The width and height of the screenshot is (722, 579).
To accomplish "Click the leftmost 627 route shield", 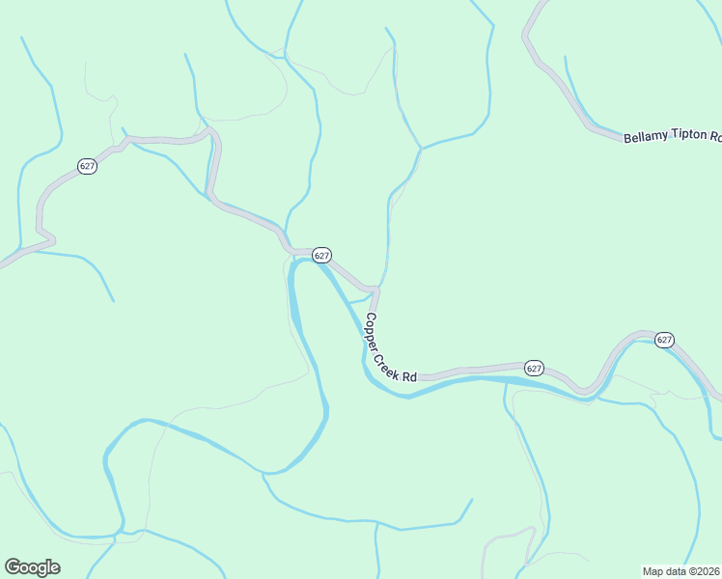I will pos(88,166).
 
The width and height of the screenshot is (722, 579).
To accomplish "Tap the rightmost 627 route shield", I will pos(664,340).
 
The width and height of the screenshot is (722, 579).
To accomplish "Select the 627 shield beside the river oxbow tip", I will pos(322,256).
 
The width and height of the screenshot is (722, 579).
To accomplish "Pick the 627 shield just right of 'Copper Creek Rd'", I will pos(535,369).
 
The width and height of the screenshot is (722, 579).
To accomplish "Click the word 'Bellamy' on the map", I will pos(646,138).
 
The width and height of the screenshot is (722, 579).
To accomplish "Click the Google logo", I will pos(32,567).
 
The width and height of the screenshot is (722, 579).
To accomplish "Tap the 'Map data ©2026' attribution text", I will pos(681,570).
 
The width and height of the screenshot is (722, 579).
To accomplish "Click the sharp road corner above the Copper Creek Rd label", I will pos(375,289).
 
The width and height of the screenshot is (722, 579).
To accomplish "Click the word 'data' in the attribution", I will pos(678,570).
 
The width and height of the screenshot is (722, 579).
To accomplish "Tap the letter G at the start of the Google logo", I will pos(13,566).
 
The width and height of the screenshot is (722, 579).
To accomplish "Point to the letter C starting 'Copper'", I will pos(366,318).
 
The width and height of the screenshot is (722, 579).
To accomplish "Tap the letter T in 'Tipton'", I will pos(674,138).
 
